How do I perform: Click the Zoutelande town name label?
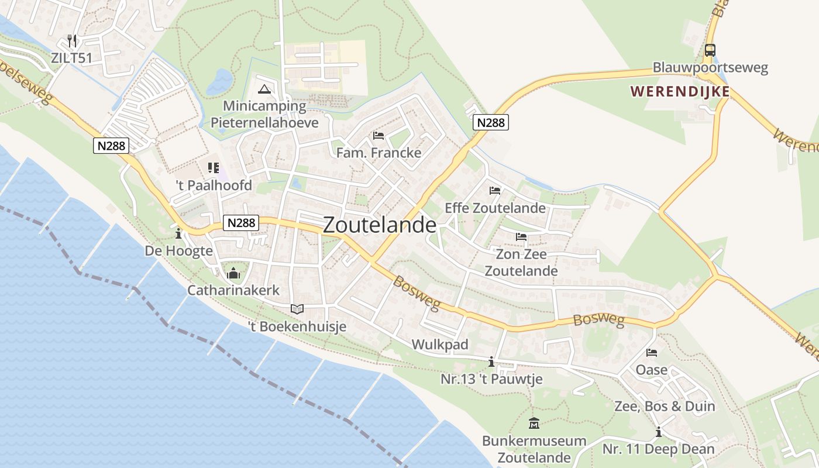click(379, 225)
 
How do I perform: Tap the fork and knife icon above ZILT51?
click(72, 41)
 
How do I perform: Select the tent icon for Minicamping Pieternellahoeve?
click(264, 90)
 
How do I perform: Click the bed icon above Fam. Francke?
click(378, 136)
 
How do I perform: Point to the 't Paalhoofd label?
click(214, 185)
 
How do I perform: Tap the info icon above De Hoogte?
click(178, 233)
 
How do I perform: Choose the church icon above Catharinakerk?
click(233, 273)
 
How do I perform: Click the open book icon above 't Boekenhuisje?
click(297, 309)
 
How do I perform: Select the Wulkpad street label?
click(440, 345)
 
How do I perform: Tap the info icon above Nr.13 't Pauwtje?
click(491, 362)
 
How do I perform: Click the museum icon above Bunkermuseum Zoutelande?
click(534, 423)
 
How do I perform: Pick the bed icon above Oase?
click(652, 353)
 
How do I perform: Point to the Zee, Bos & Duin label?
click(665, 406)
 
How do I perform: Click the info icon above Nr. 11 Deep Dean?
click(659, 432)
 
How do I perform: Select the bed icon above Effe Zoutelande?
click(495, 190)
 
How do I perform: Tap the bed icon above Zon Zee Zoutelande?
click(521, 237)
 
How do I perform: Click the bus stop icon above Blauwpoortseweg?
click(710, 50)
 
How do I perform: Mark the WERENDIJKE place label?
click(680, 91)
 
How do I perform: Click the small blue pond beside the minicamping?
click(220, 81)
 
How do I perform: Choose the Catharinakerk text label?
click(233, 290)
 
